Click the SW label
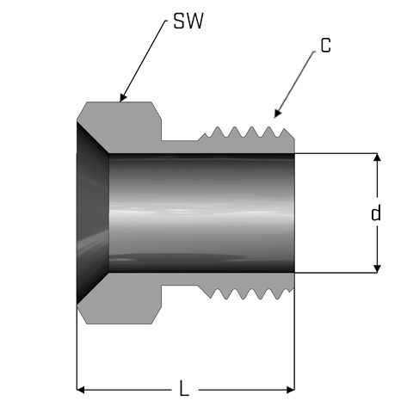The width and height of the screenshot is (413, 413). pos(188,21)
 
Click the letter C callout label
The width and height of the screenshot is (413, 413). pos(326,46)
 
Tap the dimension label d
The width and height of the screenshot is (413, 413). pos(376,213)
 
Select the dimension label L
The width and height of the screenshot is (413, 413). pos(184,389)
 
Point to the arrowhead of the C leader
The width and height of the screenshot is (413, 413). pos(276,114)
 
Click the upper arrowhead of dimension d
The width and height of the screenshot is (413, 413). pos(378,157)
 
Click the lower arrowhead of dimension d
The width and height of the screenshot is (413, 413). pos(378,269)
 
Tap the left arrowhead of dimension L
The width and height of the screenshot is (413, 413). pos(80,390)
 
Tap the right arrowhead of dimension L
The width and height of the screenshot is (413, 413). pos(291,390)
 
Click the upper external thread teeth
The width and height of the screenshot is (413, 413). pos(247,133)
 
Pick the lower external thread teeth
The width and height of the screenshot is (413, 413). pos(247,293)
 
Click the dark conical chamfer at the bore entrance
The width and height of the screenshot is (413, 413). pos(92,213)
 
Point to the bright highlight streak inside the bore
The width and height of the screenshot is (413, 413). pos(200,213)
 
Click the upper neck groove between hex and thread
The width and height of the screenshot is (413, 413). pos(180,146)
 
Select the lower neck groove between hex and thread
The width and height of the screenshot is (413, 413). pos(180,279)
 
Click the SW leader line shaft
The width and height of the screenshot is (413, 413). pos(143,60)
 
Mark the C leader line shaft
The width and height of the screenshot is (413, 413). pos(295,83)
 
